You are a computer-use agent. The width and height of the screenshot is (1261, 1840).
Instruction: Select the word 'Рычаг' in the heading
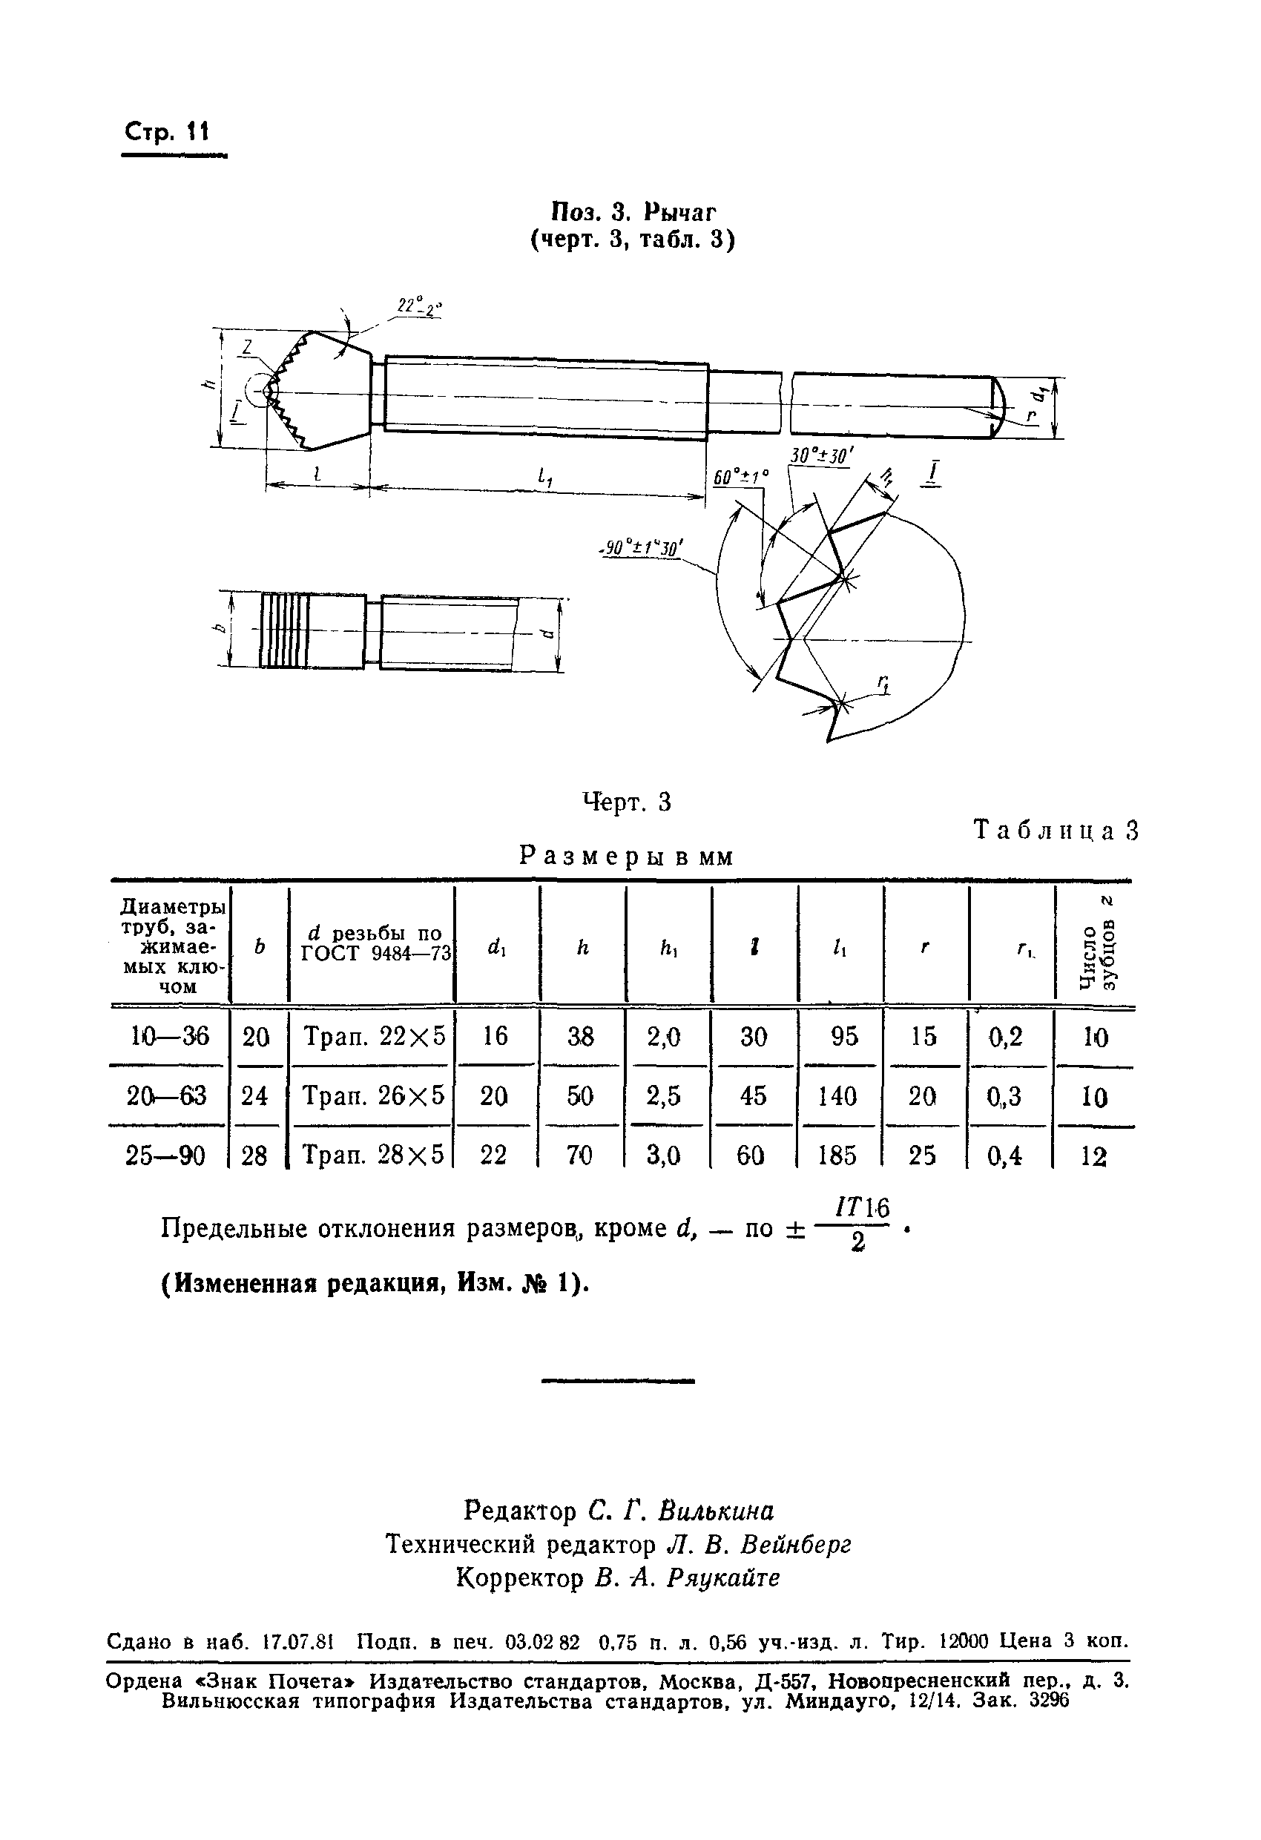(x=679, y=212)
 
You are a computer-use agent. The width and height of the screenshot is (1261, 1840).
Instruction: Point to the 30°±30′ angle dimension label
(x=820, y=457)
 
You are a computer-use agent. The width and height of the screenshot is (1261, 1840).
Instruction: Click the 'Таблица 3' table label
(x=1056, y=831)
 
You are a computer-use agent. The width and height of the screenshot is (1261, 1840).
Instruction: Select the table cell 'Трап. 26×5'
(x=374, y=1095)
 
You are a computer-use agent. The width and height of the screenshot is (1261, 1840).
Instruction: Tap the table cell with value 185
(x=838, y=1156)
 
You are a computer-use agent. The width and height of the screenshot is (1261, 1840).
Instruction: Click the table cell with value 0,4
(x=1005, y=1156)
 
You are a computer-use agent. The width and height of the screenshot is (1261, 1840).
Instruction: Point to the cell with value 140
(x=838, y=1095)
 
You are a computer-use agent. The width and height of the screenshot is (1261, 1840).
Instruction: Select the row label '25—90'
(x=165, y=1156)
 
